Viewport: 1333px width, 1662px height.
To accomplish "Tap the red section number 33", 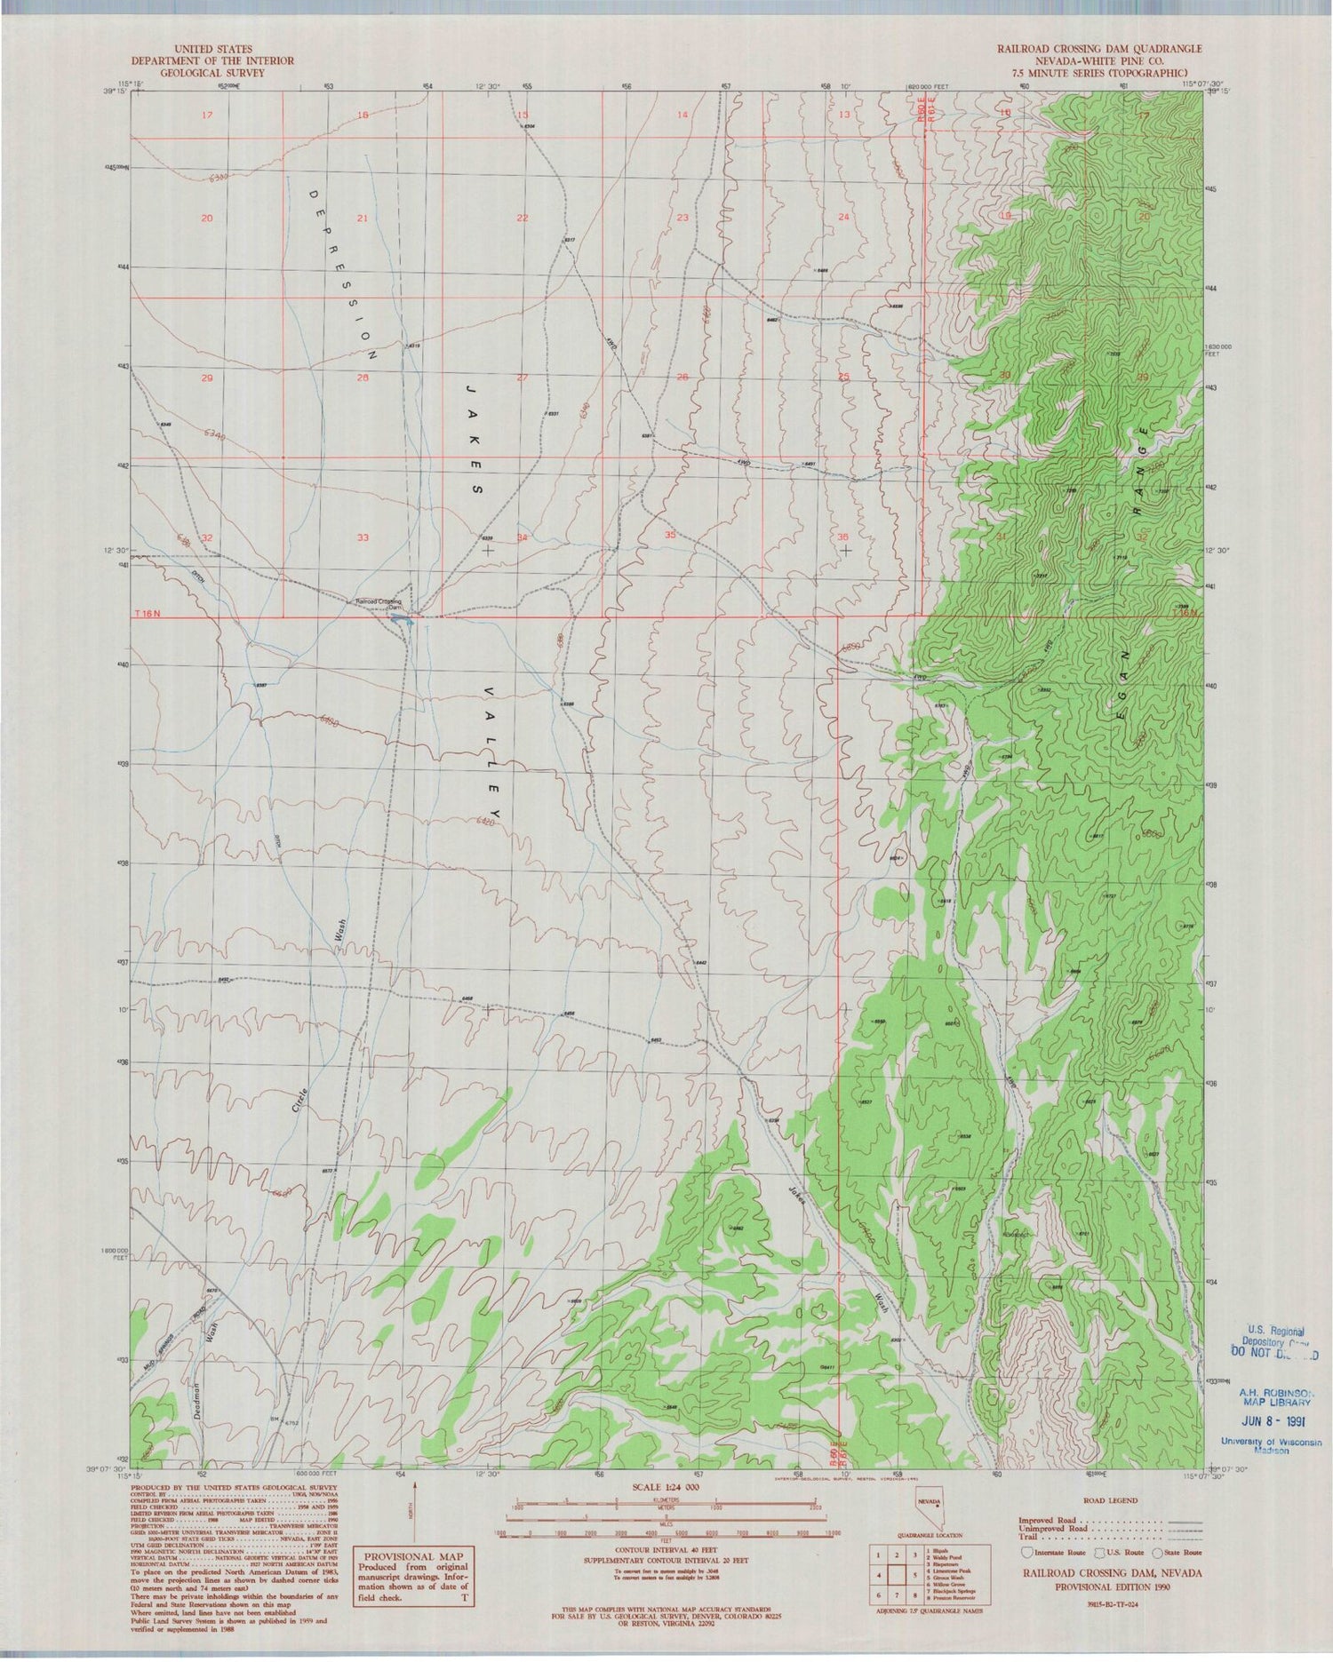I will [x=362, y=537].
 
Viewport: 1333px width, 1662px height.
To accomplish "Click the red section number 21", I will [x=362, y=218].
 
